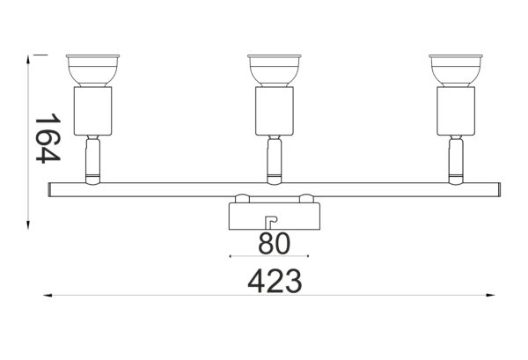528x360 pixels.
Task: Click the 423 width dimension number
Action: [x=275, y=283]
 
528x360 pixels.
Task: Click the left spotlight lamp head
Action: [x=92, y=69]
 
